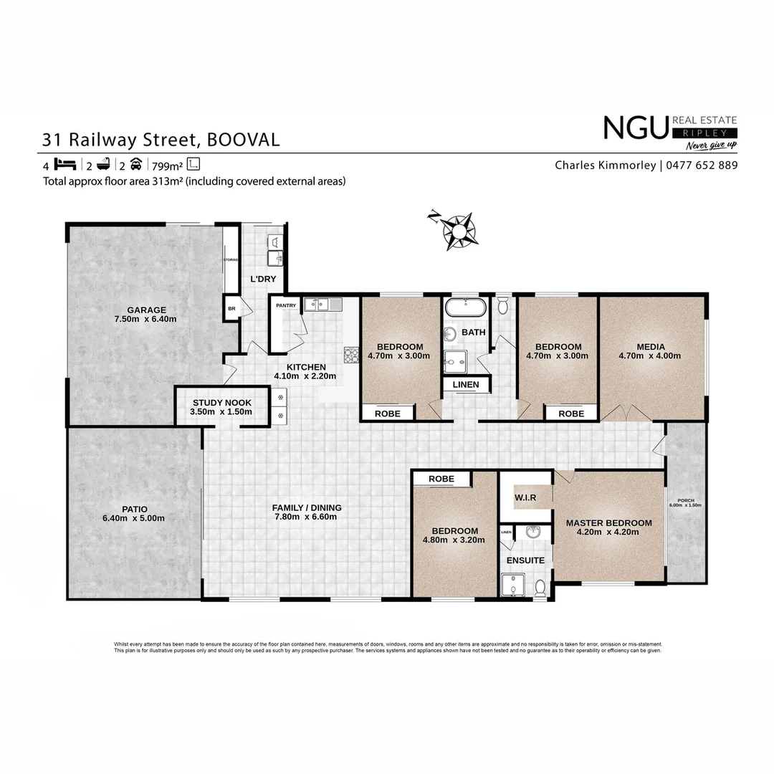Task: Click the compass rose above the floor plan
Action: click(457, 229)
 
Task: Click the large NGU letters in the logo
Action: click(635, 128)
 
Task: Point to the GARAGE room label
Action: click(147, 310)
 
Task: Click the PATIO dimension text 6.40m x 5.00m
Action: click(134, 518)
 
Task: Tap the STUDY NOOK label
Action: click(221, 403)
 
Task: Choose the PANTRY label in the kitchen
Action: click(286, 305)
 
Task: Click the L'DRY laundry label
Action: click(263, 279)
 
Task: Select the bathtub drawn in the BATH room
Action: click(466, 309)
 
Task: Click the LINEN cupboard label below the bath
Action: click(466, 385)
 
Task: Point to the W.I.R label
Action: click(525, 497)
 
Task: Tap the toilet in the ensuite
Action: click(540, 588)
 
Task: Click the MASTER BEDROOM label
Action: click(608, 522)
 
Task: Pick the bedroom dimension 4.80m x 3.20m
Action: click(454, 540)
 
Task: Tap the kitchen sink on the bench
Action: click(323, 305)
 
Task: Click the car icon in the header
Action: click(135, 164)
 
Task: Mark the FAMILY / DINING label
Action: click(307, 507)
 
